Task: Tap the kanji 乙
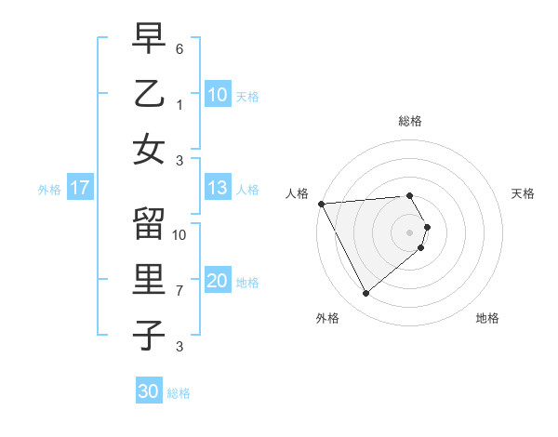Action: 149,95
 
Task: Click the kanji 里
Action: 149,280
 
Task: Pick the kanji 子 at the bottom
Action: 149,334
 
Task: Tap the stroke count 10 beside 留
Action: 179,234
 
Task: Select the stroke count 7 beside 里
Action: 179,290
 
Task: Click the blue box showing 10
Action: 217,95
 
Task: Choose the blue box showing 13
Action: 217,189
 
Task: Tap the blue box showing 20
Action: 217,281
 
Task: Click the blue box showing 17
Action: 79,189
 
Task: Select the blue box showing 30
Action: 148,391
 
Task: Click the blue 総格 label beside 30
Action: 179,393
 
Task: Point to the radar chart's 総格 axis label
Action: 409,121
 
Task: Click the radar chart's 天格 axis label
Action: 523,193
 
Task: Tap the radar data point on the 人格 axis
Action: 321,203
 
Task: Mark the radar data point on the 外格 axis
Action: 365,294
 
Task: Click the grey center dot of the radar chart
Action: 409,232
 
